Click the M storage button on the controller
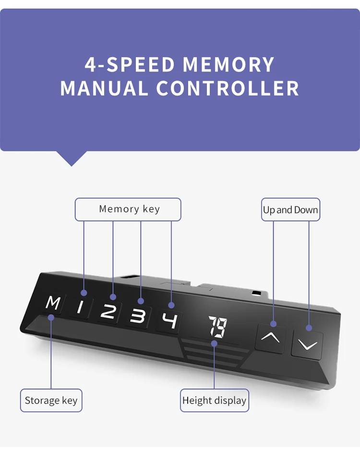pyautogui.click(x=53, y=303)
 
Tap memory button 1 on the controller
pyautogui.click(x=81, y=307)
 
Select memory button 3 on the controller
pyautogui.click(x=138, y=317)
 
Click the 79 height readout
pyautogui.click(x=217, y=327)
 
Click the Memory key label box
pyautogui.click(x=128, y=209)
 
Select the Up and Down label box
pyautogui.click(x=290, y=210)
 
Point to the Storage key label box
pyautogui.click(x=51, y=401)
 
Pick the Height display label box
pyautogui.click(x=214, y=401)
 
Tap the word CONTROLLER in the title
pyautogui.click(x=228, y=89)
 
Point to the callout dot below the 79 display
pyautogui.click(x=214, y=343)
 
